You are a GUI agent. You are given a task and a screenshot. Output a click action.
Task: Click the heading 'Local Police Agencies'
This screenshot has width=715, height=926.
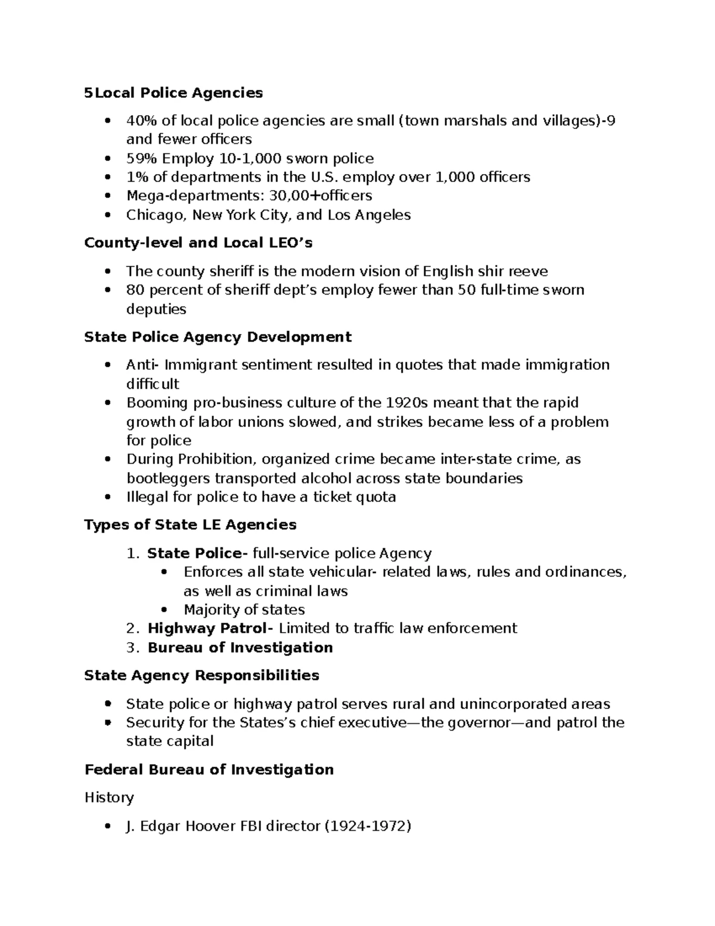coord(178,93)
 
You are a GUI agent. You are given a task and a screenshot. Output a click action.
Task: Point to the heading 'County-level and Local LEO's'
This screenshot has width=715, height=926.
coord(198,243)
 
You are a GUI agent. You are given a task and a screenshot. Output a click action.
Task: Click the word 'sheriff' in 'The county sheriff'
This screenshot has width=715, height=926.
coord(231,271)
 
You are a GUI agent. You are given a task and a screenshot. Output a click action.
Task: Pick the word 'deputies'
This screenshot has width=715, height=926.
coord(156,309)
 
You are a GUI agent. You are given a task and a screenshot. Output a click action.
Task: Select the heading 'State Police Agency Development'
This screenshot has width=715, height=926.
coord(218,337)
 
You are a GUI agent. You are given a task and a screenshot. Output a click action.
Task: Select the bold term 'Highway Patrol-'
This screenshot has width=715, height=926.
coord(211,628)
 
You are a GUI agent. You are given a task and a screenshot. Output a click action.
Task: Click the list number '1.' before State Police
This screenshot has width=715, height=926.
coord(132,553)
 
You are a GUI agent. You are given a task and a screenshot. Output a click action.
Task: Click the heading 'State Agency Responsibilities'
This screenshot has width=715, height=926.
coord(202,675)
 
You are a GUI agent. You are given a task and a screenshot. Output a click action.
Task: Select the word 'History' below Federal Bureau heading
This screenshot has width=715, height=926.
coord(109,797)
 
